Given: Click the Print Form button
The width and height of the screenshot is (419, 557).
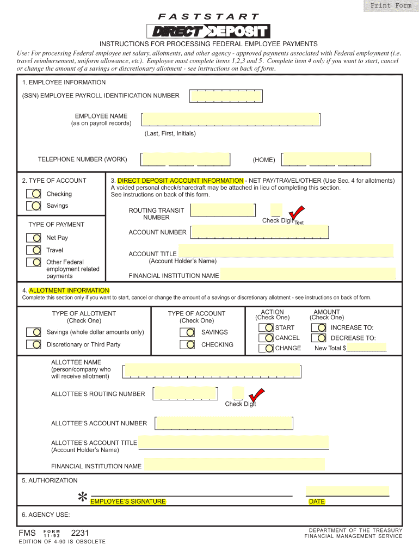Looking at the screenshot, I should click(x=391, y=6).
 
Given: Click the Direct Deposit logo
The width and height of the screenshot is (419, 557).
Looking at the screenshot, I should click(x=208, y=32).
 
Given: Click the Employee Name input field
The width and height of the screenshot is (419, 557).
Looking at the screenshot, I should click(x=230, y=119).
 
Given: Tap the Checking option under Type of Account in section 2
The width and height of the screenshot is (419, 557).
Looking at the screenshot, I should click(x=35, y=194).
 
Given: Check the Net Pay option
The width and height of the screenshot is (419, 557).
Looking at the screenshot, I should click(x=35, y=238).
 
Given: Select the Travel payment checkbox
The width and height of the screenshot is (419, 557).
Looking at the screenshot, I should click(x=35, y=250).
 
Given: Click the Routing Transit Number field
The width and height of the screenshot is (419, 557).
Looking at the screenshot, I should click(x=223, y=211).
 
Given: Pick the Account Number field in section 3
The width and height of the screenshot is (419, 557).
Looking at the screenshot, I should click(x=261, y=232).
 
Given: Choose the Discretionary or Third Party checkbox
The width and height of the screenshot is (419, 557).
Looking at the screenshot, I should click(x=35, y=344).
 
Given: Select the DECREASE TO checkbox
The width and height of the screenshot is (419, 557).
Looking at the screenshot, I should click(x=321, y=338).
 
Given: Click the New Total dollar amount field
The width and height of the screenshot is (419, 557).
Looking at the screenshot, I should click(x=366, y=348).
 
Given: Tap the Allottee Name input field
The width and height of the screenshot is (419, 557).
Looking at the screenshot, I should click(x=212, y=370).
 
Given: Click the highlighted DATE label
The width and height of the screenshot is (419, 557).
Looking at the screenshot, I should click(x=317, y=502).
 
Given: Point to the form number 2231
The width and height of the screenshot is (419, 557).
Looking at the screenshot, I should click(x=79, y=533).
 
